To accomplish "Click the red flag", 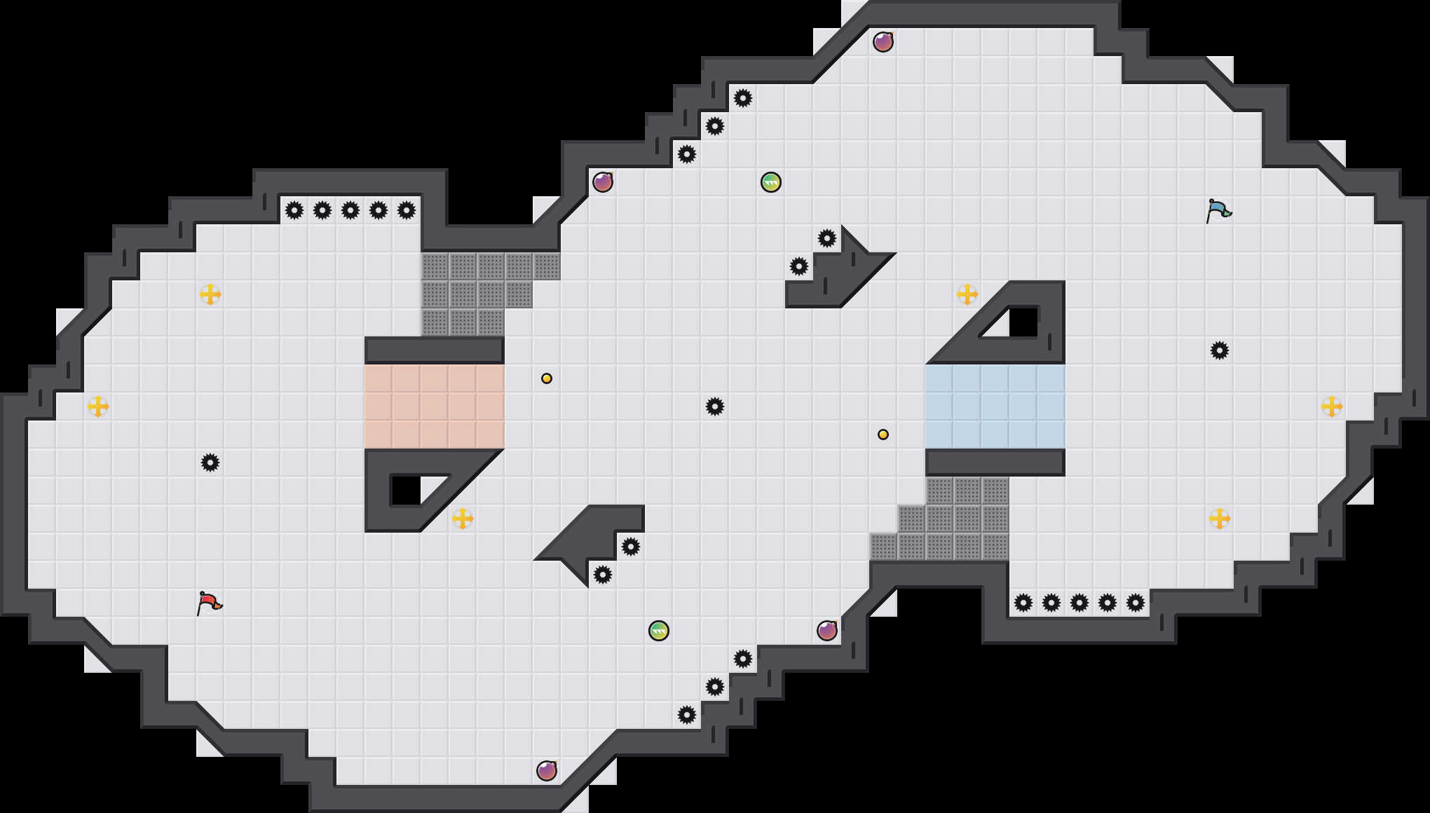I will (209, 603).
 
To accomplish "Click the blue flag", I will (1218, 210).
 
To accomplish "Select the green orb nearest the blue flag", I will (771, 182).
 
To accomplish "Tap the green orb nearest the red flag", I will (659, 631).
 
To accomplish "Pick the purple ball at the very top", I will (883, 42).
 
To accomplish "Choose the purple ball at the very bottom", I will (547, 771).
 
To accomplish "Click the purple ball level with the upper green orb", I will (603, 182).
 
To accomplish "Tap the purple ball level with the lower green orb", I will (827, 631).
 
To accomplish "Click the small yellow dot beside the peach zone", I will (547, 378).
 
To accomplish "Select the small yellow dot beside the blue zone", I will (883, 435).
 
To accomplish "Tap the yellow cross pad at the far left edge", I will (98, 406).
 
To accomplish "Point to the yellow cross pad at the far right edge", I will (1332, 406).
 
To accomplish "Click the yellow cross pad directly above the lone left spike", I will (210, 294).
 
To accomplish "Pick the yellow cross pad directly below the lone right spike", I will (1220, 519).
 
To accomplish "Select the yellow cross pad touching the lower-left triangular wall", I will (463, 519).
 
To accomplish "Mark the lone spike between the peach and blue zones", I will (715, 406).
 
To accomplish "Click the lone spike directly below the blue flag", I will (1220, 350).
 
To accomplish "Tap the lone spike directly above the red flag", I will (210, 463).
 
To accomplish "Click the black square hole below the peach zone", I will (405, 490).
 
